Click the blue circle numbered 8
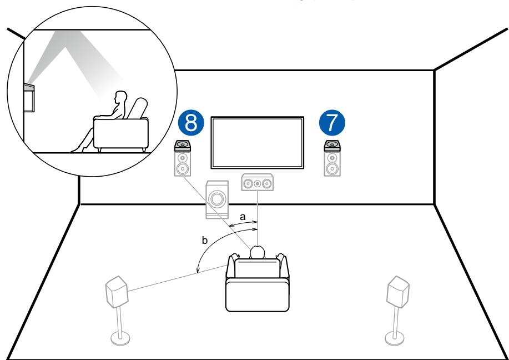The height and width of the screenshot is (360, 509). pyautogui.click(x=191, y=123)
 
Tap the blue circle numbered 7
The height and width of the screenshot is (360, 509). pyautogui.click(x=332, y=123)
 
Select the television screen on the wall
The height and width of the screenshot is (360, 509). pyautogui.click(x=258, y=143)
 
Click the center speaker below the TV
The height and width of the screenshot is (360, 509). pyautogui.click(x=258, y=183)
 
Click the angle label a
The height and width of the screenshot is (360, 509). pyautogui.click(x=243, y=217)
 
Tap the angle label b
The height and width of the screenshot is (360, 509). pyautogui.click(x=204, y=241)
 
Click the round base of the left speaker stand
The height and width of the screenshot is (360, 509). pyautogui.click(x=120, y=338)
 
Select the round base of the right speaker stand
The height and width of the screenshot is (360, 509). pyautogui.click(x=395, y=338)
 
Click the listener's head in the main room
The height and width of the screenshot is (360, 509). pyautogui.click(x=258, y=252)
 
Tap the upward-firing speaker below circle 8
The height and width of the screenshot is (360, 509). pyautogui.click(x=183, y=145)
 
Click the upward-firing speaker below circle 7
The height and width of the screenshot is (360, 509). pyautogui.click(x=332, y=145)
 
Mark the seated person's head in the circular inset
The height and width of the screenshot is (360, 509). pyautogui.click(x=121, y=97)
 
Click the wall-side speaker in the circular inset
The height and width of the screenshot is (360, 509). pyautogui.click(x=29, y=97)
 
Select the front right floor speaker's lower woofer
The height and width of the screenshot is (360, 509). pyautogui.click(x=332, y=169)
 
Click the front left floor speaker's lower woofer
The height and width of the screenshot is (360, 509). pyautogui.click(x=183, y=169)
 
